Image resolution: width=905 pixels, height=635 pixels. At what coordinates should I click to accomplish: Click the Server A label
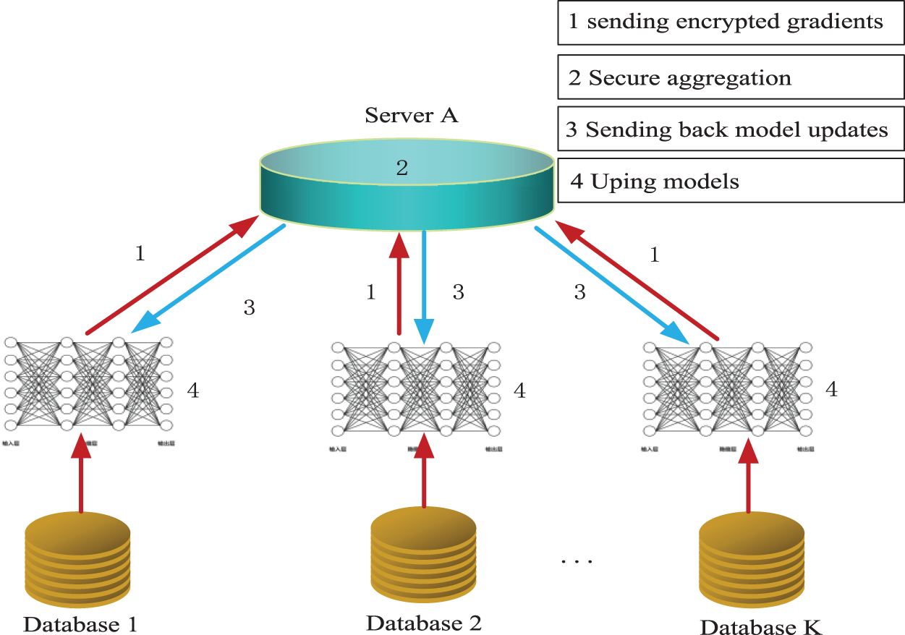pyautogui.click(x=411, y=115)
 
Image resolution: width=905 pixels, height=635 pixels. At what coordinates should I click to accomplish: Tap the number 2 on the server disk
pyautogui.click(x=402, y=168)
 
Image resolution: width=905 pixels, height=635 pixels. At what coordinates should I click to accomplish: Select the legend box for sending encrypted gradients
pyautogui.click(x=731, y=22)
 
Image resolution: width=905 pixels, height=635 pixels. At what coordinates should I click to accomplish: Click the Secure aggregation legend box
pyautogui.click(x=731, y=77)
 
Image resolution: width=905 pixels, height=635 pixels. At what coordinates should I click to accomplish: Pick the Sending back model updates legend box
pyautogui.click(x=731, y=129)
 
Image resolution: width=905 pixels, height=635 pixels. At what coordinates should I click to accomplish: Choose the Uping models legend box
pyautogui.click(x=731, y=181)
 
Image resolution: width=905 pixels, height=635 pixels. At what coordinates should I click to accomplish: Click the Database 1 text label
pyautogui.click(x=80, y=623)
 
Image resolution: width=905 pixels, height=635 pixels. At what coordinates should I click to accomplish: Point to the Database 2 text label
pyautogui.click(x=424, y=622)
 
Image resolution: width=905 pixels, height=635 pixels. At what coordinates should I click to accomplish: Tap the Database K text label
pyautogui.click(x=761, y=626)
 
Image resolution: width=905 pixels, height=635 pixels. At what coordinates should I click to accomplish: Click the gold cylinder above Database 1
pyautogui.click(x=78, y=557)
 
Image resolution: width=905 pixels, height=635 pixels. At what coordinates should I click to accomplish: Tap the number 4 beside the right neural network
pyautogui.click(x=831, y=390)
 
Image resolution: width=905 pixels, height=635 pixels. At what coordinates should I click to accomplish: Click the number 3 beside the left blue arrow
pyautogui.click(x=249, y=307)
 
